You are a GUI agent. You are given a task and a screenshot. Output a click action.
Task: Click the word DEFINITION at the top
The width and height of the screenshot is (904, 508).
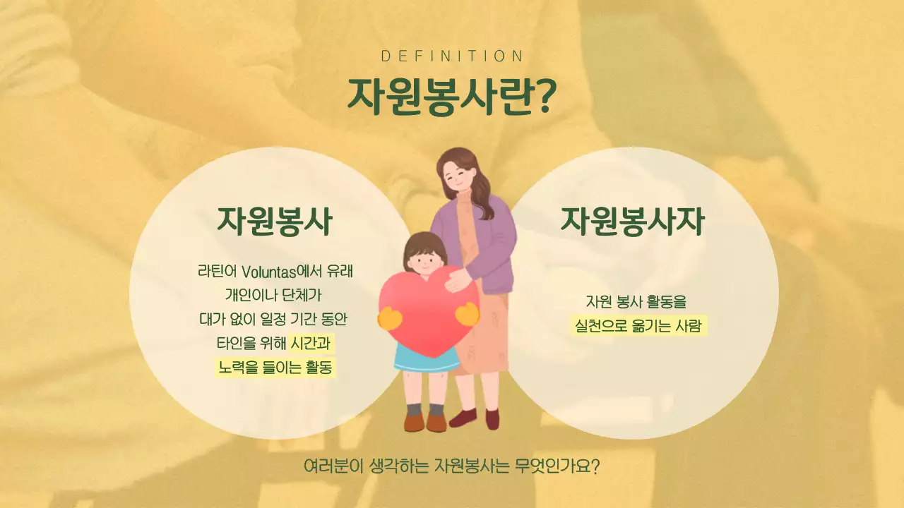[x=452, y=56]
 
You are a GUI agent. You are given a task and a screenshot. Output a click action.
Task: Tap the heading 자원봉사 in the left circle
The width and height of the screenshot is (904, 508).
[x=274, y=221]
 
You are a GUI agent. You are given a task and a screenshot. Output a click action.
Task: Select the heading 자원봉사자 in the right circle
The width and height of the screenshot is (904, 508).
[x=632, y=221]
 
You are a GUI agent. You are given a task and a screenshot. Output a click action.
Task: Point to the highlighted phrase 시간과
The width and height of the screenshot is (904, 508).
[x=311, y=344]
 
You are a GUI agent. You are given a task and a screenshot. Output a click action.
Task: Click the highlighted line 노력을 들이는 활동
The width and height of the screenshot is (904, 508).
[x=275, y=368]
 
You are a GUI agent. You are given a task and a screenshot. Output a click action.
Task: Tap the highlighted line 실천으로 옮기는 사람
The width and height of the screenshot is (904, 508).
[x=639, y=326]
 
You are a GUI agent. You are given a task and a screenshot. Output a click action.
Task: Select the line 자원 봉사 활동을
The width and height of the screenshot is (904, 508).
[x=636, y=302]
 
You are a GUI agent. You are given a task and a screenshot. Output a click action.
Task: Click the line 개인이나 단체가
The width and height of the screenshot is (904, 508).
[x=273, y=295]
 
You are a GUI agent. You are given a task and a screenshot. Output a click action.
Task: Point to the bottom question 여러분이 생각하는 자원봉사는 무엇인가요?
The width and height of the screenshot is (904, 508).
[x=451, y=466]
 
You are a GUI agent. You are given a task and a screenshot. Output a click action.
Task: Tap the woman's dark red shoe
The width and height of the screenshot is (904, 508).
[x=463, y=418]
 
